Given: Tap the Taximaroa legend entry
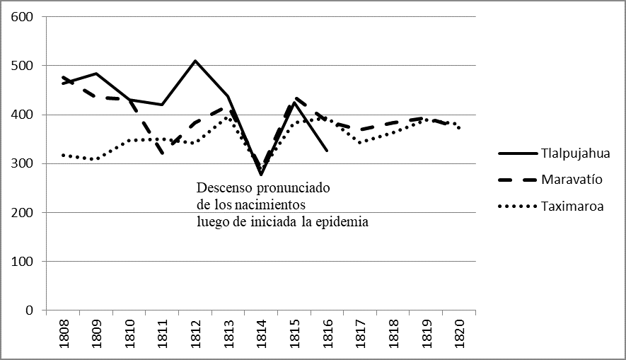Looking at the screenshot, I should coord(572,207).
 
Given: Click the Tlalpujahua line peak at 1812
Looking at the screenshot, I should coord(195,61).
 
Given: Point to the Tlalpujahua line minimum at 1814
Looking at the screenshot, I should coord(261,174).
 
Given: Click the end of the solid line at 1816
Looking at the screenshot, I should coord(327,151).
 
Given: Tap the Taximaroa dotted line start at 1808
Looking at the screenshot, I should coord(63,154).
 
